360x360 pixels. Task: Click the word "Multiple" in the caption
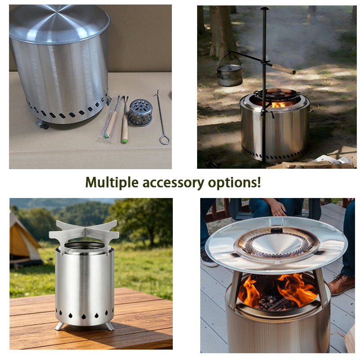pos(112,183)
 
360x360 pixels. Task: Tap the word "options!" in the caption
pos(234,183)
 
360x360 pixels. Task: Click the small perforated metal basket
pos(140,112)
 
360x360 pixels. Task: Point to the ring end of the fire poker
pos(165,140)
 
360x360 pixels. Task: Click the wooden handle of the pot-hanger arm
pos(284,69)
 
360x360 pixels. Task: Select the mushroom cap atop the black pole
pos(265,9)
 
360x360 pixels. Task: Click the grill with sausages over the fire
pos(278,94)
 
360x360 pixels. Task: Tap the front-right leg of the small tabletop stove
pos(109,326)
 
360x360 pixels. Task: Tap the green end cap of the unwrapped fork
pos(125,141)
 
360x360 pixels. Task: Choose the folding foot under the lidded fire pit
pos(43,124)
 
